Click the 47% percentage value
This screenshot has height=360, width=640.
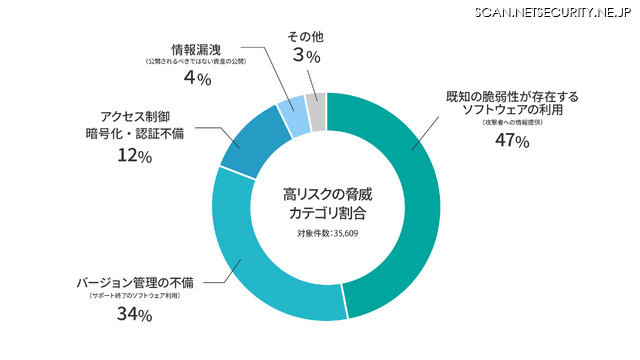point(511,141)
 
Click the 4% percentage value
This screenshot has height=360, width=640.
point(196,79)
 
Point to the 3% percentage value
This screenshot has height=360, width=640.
point(305,58)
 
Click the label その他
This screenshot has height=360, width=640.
point(305,37)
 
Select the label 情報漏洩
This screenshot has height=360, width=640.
point(196,48)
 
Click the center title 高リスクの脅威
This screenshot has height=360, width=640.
point(327,193)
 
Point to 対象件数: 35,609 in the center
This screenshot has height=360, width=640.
point(327,234)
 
